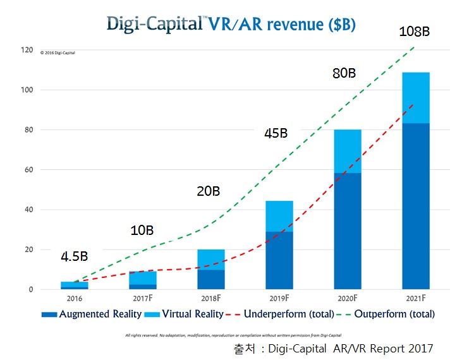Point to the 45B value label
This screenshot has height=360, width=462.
point(275,133)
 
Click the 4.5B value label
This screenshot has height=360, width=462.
point(75,256)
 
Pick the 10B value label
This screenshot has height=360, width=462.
point(141,230)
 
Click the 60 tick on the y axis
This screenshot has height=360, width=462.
point(27,170)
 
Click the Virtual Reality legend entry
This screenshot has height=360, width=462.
point(187,314)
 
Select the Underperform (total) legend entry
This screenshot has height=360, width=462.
point(279,314)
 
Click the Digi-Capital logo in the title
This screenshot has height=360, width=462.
point(155,23)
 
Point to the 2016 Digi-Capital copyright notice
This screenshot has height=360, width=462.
point(58,53)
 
